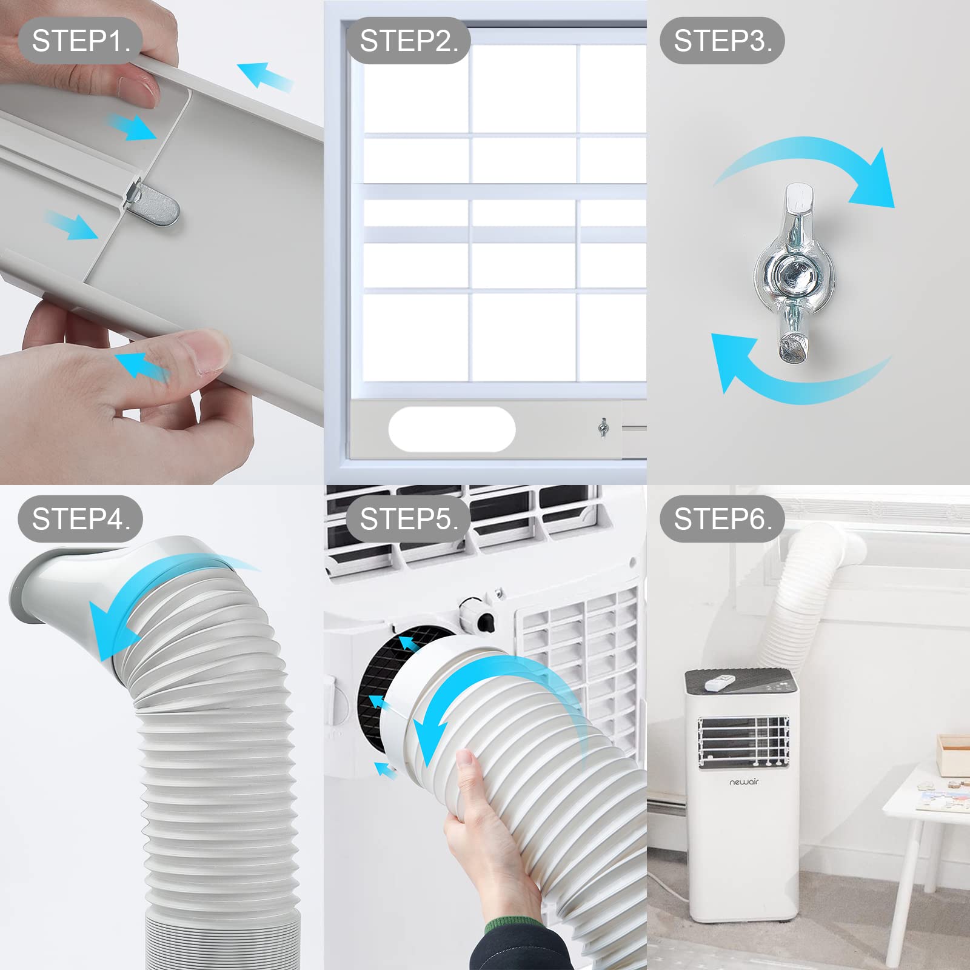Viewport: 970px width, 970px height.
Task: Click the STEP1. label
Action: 81,41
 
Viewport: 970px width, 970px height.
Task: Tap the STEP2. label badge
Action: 409,41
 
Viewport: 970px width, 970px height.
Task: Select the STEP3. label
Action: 723,41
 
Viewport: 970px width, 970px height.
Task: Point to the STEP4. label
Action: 81,519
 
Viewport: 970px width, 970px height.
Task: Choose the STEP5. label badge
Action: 409,519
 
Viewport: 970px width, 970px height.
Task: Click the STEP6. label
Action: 723,519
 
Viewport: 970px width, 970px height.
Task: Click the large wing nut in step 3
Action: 794,273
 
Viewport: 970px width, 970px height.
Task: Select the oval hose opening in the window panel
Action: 452,429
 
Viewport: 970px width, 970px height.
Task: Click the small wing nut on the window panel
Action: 603,428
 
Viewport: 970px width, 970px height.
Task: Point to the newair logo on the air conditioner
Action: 744,782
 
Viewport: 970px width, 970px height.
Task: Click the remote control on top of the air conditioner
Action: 720,683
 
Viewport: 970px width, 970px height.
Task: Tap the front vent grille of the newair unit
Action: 743,741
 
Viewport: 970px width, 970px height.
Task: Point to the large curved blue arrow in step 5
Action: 479,691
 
